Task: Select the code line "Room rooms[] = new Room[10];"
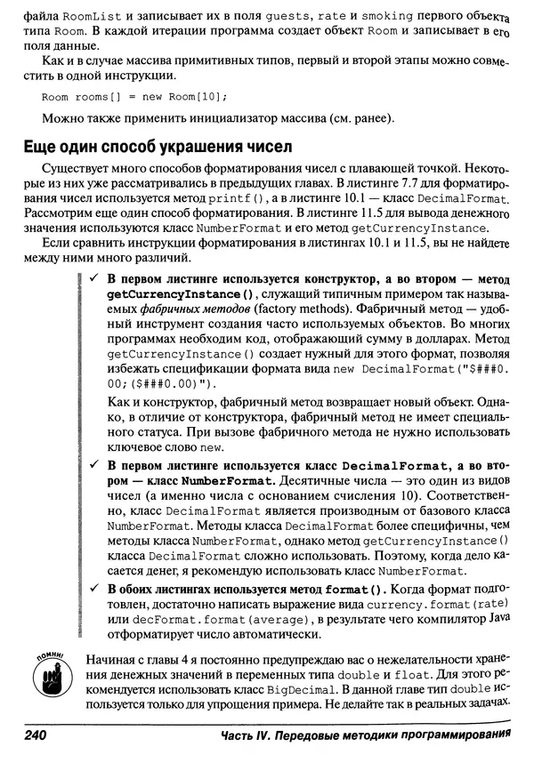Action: click(133, 96)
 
